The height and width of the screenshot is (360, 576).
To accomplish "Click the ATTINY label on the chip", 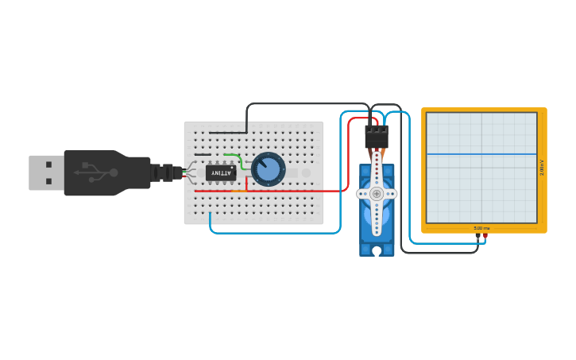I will (221, 172).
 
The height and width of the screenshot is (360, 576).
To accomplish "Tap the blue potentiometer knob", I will (269, 169).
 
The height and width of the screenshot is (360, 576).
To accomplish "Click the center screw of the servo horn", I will (377, 193).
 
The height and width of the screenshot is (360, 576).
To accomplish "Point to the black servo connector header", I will (377, 137).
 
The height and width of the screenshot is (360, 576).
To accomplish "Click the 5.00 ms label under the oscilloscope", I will (481, 228).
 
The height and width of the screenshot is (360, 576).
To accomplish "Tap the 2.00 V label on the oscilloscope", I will (542, 168).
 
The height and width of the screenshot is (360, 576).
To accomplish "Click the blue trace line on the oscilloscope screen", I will (481, 154).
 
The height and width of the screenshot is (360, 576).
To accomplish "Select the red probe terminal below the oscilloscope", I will (485, 235).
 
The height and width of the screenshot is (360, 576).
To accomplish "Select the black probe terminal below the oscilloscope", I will (477, 235).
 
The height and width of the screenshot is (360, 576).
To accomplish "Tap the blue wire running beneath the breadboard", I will (274, 233).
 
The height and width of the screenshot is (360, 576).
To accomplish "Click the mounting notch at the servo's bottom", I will (377, 252).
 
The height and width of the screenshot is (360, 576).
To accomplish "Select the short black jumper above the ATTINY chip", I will (203, 155).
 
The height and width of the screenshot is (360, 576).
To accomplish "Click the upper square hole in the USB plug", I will (48, 165).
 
